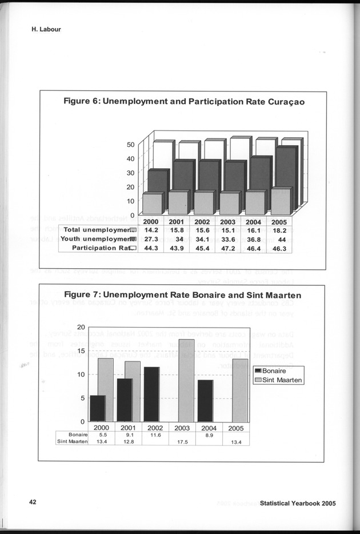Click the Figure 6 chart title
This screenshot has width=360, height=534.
coord(183,102)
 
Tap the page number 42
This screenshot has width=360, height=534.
coord(33,502)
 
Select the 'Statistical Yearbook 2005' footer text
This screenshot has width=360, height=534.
coord(297,503)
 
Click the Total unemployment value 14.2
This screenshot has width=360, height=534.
coord(151,230)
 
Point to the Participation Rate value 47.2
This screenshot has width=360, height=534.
coord(229,248)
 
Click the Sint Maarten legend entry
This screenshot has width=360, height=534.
coord(281,380)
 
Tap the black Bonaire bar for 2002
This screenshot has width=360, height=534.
coord(151,394)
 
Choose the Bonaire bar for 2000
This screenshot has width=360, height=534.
coord(98,408)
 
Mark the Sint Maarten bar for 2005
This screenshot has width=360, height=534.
coord(240,390)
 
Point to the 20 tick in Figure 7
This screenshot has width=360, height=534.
coord(81,327)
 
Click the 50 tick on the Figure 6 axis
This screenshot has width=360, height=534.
coord(130,145)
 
